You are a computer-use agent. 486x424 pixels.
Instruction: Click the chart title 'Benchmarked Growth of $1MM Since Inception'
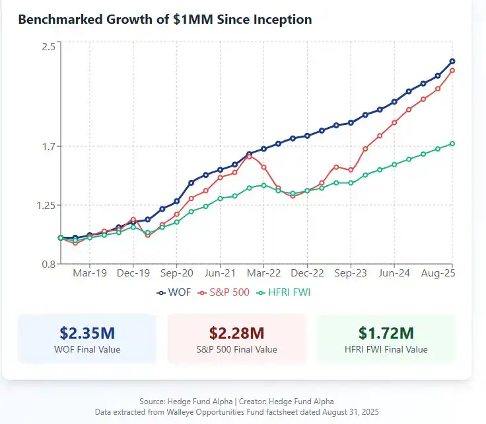[164, 20]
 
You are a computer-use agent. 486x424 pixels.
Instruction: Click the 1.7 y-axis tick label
[48, 146]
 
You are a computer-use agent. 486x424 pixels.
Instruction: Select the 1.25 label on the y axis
[44, 205]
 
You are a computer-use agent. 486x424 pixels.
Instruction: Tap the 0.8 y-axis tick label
[48, 264]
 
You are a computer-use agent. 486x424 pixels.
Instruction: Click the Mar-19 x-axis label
[89, 273]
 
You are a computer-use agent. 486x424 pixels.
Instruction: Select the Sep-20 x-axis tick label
[176, 273]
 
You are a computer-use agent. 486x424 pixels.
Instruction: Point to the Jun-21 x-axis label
[220, 273]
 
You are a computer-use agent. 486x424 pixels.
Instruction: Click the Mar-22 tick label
[263, 273]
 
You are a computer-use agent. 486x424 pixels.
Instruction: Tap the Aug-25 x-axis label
[437, 273]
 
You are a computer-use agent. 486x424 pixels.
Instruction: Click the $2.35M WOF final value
[87, 332]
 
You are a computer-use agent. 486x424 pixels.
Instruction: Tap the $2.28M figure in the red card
[237, 332]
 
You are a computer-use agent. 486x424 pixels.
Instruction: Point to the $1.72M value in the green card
[386, 332]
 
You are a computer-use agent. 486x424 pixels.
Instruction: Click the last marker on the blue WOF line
[452, 62]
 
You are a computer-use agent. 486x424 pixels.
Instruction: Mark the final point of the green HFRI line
[452, 144]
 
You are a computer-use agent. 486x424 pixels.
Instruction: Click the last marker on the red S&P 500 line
[452, 70]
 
